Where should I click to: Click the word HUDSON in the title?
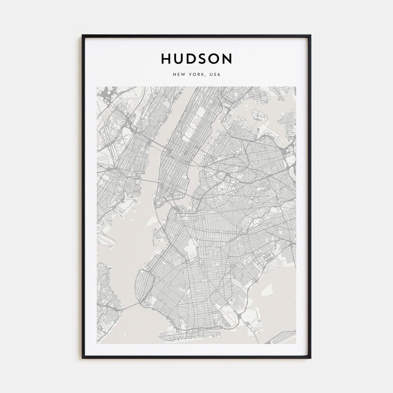click(196, 59)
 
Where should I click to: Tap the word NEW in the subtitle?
click(179, 75)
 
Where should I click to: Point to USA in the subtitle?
click(215, 75)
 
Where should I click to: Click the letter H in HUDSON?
click(165, 59)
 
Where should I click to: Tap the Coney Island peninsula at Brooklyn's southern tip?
click(175, 335)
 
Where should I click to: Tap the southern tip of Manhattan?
click(160, 205)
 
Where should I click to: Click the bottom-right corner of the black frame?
click(310, 358)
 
